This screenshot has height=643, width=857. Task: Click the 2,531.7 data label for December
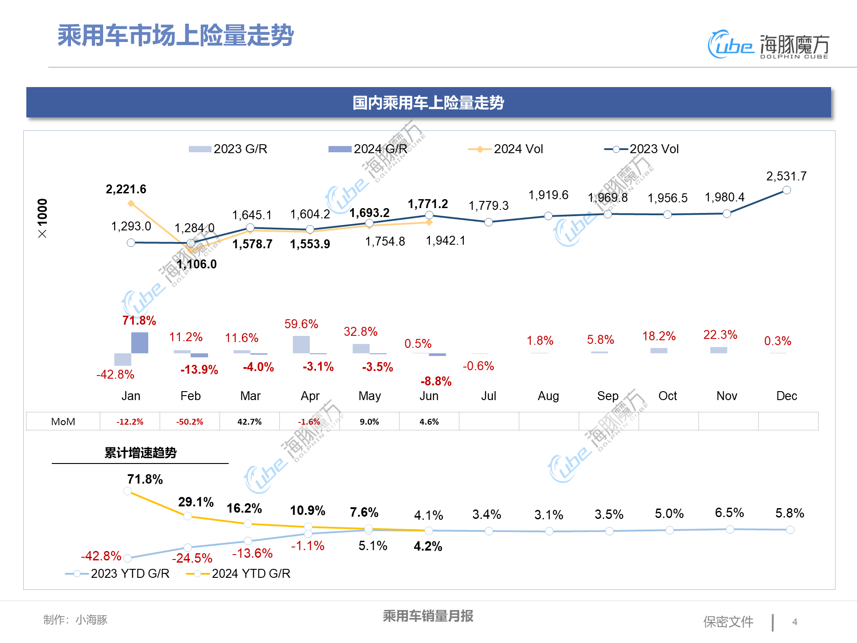click(x=786, y=176)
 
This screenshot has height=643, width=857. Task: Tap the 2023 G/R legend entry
click(x=228, y=149)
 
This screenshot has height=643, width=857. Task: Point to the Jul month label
click(x=489, y=396)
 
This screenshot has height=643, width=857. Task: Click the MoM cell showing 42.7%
click(x=250, y=422)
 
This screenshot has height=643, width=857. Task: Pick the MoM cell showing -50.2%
click(x=190, y=422)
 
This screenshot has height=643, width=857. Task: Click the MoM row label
click(x=63, y=422)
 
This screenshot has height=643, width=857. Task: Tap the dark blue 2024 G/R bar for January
click(x=140, y=343)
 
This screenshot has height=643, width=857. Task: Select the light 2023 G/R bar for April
click(x=301, y=345)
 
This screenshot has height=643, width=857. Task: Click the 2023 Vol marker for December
click(x=786, y=190)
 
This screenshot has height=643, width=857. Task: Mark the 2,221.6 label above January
click(x=126, y=189)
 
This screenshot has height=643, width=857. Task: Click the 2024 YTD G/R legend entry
click(x=238, y=574)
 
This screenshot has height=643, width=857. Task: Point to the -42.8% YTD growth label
click(x=101, y=556)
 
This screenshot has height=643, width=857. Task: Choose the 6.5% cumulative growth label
click(x=729, y=513)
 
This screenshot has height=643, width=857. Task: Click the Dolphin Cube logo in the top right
click(x=768, y=45)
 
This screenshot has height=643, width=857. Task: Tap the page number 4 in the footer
click(x=795, y=622)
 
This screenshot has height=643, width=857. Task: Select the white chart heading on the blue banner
click(x=428, y=103)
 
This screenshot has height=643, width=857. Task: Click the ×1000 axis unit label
click(x=42, y=218)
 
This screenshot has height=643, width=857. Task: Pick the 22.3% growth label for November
click(x=720, y=335)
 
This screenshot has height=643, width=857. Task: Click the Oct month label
click(x=667, y=396)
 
